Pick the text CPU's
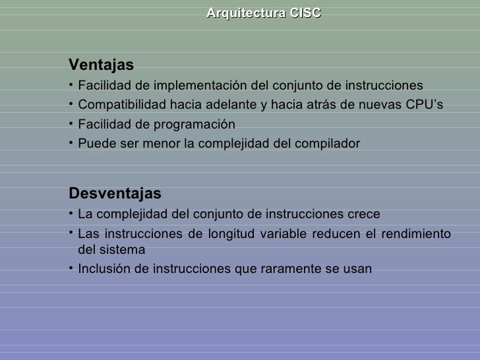[x=425, y=105]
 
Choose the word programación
[x=195, y=125]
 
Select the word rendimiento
[x=416, y=234]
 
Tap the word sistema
[x=121, y=251]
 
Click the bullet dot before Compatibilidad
[x=71, y=105]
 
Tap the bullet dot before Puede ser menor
[x=71, y=143]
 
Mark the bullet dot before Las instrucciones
[x=71, y=233]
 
